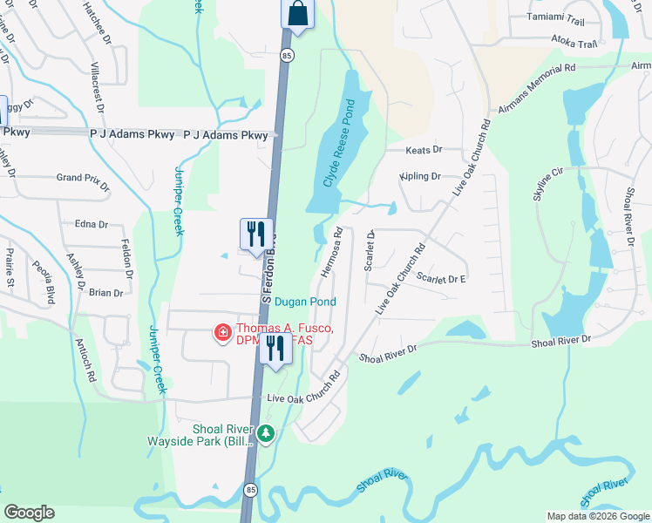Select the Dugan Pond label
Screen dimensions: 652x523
coord(305,302)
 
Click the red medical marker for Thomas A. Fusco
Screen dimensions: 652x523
coord(222,333)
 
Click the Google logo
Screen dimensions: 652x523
coord(29,513)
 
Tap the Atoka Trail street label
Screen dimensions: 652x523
coord(574,43)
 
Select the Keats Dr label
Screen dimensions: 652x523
coord(424,150)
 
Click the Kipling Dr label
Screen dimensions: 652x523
coord(421,176)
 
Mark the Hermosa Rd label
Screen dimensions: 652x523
coord(330,253)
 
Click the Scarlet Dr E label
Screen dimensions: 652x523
coord(441,278)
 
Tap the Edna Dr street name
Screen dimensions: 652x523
coord(91,224)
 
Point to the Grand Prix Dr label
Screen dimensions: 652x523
coord(84,180)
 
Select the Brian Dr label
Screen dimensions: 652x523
coord(105,293)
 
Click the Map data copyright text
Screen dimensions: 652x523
coord(596,516)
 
